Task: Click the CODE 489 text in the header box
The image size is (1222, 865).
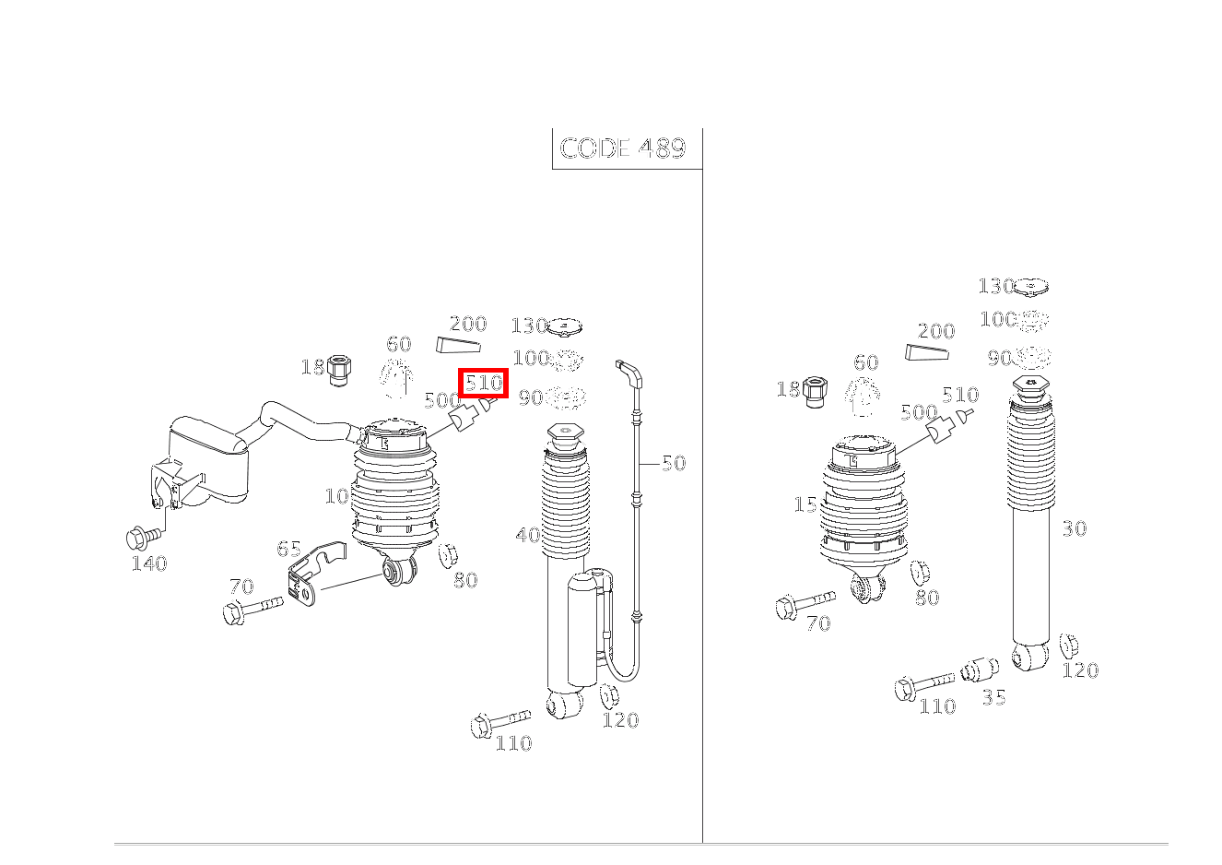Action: (623, 148)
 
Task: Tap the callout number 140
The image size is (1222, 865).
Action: (148, 563)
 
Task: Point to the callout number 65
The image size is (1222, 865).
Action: (288, 550)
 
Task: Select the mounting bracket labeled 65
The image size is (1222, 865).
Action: (309, 575)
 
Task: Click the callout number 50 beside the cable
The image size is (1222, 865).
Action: (674, 463)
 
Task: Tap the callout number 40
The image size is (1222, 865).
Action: (527, 535)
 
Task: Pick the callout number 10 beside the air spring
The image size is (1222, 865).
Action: (336, 496)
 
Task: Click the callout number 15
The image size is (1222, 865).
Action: (805, 505)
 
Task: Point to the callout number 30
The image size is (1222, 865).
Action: (1074, 528)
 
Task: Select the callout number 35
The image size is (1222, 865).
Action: (993, 697)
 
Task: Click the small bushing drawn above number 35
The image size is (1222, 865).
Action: (981, 669)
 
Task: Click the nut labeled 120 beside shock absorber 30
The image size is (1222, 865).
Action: (1069, 646)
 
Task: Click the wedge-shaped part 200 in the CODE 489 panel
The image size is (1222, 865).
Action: (458, 346)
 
